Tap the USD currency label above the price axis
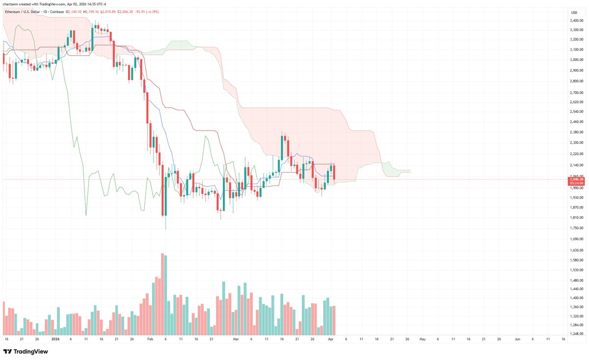click(x=573, y=12)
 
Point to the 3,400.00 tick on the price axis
click(x=576, y=21)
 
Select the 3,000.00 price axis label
click(x=576, y=60)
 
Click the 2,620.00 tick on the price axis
click(x=576, y=103)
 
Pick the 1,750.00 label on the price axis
click(x=576, y=228)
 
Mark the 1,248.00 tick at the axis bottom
click(x=576, y=334)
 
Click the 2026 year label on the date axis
click(x=55, y=339)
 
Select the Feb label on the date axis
click(x=150, y=339)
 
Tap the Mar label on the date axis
click(x=236, y=339)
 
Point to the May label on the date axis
click(x=422, y=339)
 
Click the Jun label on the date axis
click(x=517, y=339)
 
